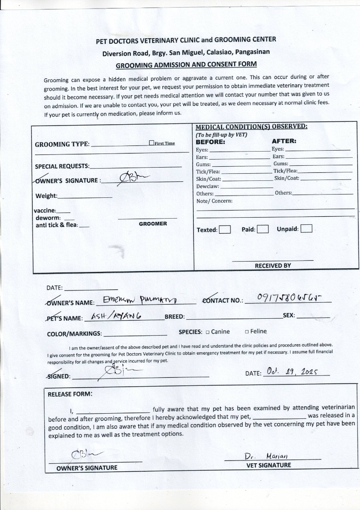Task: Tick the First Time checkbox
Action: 151,143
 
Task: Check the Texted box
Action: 225,229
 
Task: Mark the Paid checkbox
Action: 263,229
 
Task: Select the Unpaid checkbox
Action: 306,229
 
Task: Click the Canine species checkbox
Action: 207,332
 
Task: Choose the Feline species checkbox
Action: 246,332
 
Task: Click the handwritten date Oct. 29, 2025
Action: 291,372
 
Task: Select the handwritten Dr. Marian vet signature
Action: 266,456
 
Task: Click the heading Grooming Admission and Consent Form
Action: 186,65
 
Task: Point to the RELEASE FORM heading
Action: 70,394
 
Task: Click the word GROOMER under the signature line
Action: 153,223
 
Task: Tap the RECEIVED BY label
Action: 273,265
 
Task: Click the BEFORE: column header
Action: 210,141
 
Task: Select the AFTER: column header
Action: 284,141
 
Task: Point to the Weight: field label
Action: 46,196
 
